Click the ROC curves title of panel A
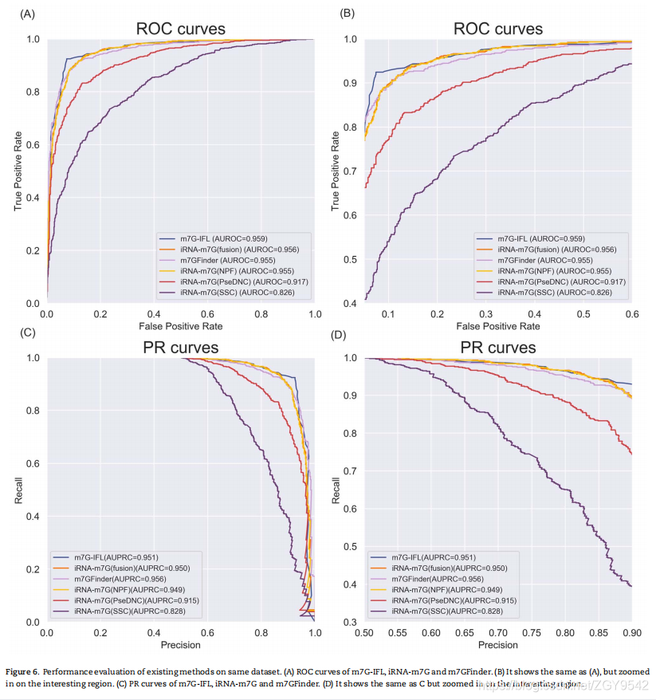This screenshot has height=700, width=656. click(x=180, y=29)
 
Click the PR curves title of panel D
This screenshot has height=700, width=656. click(x=498, y=348)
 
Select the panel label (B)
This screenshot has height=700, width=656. click(x=347, y=14)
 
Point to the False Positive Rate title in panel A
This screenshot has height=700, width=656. click(x=180, y=326)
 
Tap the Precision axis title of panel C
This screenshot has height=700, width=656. click(x=180, y=645)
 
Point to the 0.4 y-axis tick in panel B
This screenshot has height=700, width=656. click(x=349, y=304)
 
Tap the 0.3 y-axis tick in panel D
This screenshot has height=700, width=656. click(x=349, y=622)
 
